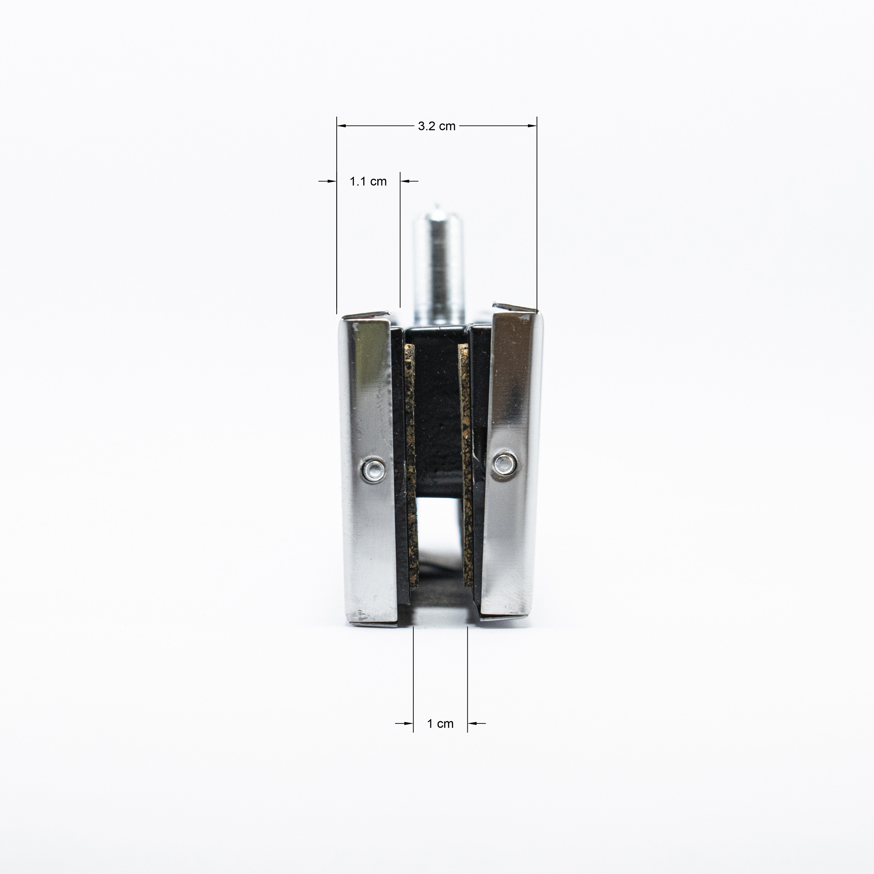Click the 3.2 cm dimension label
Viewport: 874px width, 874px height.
click(437, 126)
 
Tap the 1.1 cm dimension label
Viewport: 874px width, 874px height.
click(368, 181)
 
